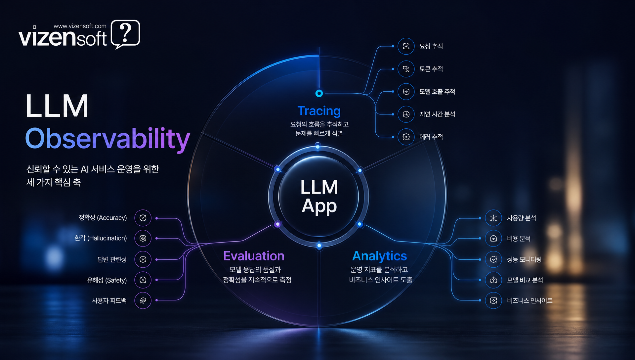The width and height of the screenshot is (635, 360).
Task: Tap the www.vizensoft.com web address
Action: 80,26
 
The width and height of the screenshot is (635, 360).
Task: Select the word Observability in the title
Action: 108,139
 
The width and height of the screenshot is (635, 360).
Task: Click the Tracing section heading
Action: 319,111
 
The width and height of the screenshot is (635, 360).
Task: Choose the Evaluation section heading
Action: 254,256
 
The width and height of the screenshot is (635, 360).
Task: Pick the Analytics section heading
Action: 380,256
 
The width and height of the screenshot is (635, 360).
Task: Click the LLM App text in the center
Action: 319,197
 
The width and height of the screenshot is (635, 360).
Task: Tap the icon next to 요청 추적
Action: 406,46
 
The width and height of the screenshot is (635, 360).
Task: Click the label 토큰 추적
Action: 431,69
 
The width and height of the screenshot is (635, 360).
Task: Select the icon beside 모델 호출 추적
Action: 406,92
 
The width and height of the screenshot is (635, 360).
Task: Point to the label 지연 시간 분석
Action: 437,114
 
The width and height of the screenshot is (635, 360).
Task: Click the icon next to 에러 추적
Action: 406,137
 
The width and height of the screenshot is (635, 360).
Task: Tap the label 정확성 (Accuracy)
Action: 103,218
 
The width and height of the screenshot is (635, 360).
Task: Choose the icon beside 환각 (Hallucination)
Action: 143,238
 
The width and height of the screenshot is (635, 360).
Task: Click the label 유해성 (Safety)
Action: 107,280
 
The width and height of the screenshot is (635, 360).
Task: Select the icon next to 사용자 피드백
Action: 143,300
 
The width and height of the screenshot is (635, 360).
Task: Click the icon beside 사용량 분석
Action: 493,218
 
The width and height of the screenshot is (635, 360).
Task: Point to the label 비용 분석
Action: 519,239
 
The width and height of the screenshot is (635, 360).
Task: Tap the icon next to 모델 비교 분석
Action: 493,280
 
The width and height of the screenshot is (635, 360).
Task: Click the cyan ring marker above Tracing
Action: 319,93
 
